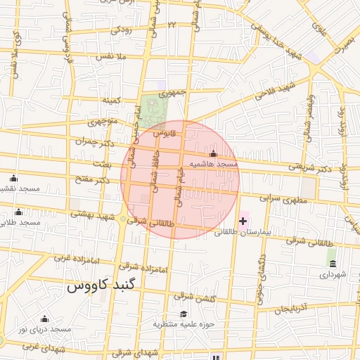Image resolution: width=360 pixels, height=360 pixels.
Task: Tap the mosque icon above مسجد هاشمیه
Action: click(x=213, y=154)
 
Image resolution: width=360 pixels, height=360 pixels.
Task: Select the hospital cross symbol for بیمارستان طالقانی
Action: click(x=243, y=221)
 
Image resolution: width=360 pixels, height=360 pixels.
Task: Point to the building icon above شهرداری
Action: click(x=331, y=264)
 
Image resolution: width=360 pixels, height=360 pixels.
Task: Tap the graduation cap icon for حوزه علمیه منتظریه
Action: click(x=184, y=314)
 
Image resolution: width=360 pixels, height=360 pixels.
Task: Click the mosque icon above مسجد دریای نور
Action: click(x=44, y=319)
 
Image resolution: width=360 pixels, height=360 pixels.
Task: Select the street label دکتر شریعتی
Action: click(x=309, y=167)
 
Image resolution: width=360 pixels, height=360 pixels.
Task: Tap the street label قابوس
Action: click(x=163, y=131)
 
